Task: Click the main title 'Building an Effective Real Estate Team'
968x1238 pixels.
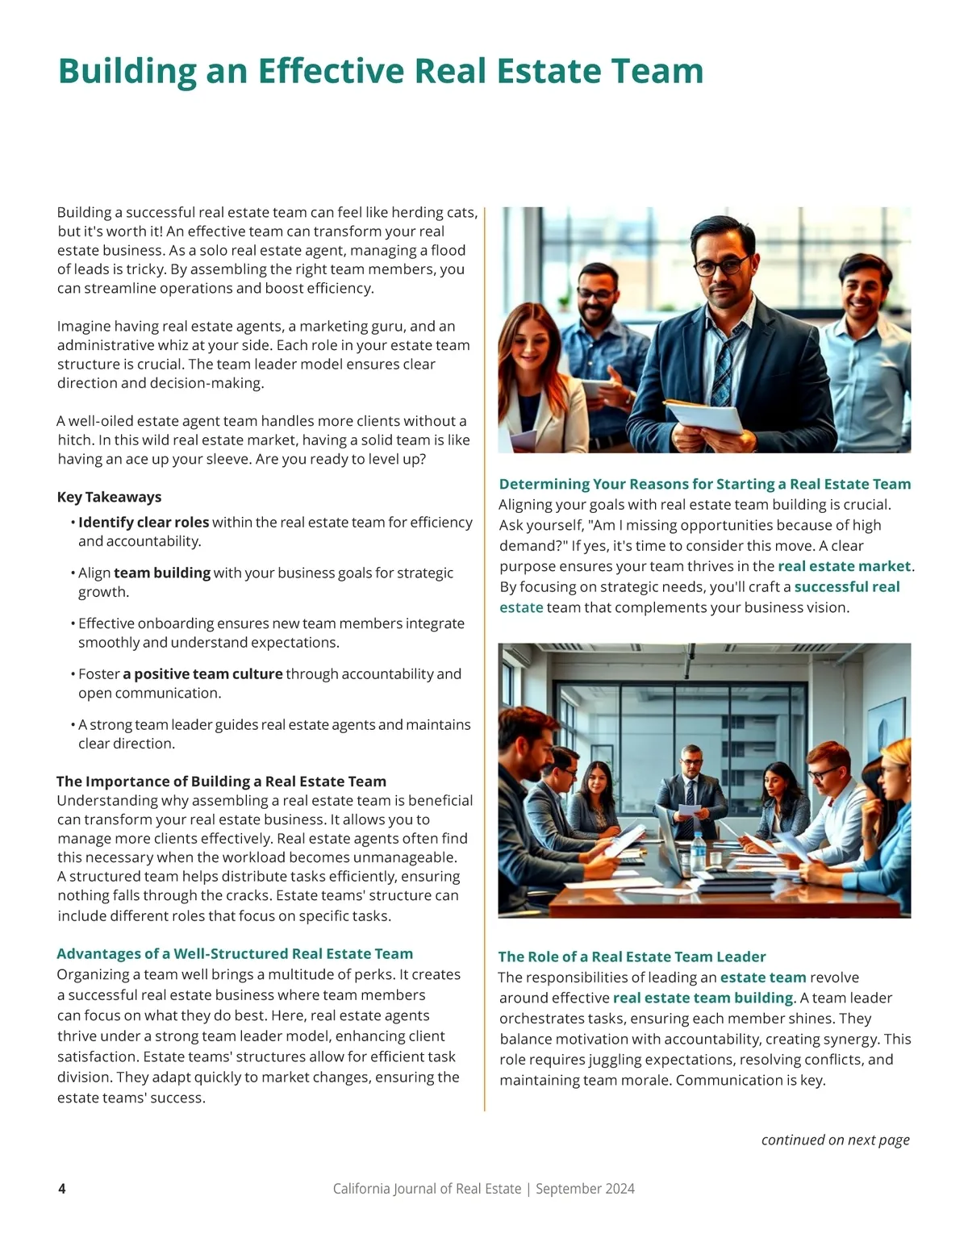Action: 380,71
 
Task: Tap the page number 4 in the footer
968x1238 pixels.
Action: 62,1188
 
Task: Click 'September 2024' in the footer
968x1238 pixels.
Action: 585,1188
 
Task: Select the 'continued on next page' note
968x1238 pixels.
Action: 835,1140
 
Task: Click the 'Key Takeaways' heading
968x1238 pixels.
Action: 109,497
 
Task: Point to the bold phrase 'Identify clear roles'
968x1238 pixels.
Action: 144,522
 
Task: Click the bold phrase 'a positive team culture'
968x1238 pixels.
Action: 202,673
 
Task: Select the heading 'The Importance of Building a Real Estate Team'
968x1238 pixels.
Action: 221,781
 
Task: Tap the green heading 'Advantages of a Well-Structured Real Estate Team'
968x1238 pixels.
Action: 235,953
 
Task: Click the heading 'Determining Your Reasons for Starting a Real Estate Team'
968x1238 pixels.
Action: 704,484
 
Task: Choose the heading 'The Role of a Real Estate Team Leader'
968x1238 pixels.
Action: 632,957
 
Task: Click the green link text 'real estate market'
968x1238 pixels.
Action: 844,566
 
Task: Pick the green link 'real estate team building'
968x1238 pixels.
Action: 703,998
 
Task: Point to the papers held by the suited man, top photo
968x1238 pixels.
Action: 704,415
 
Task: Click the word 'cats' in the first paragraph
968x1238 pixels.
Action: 461,212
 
